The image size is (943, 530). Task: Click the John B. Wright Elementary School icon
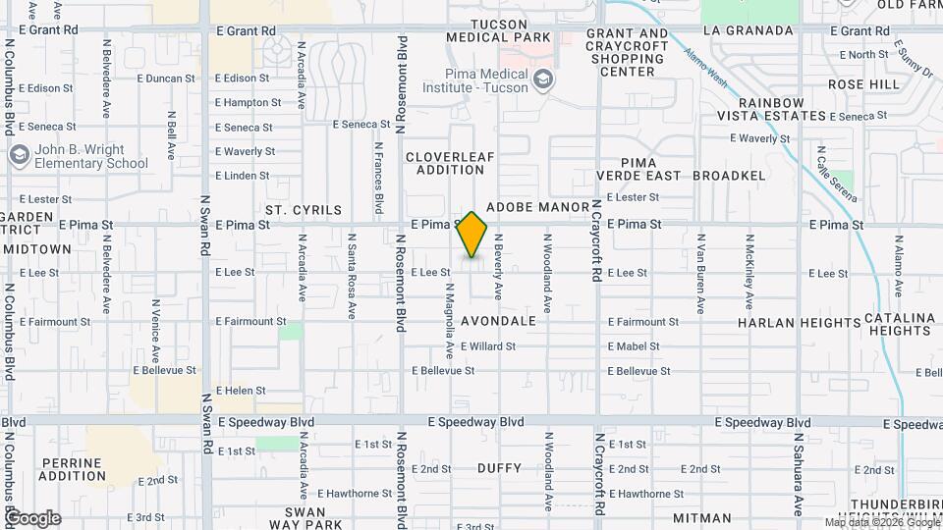pyautogui.click(x=19, y=156)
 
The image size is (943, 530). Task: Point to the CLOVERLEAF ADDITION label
pyautogui.click(x=451, y=163)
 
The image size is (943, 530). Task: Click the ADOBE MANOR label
pyautogui.click(x=536, y=209)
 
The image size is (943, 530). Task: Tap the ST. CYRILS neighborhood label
pyautogui.click(x=304, y=210)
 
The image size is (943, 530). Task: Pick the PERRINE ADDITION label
pyautogui.click(x=74, y=469)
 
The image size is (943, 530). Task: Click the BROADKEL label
pyautogui.click(x=729, y=176)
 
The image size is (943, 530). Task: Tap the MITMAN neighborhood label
pyautogui.click(x=702, y=517)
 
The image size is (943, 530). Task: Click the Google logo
pyautogui.click(x=32, y=517)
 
